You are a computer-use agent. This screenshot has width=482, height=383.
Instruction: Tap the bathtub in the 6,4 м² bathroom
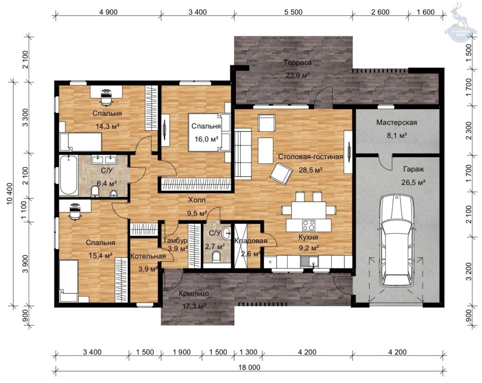[x=69, y=175]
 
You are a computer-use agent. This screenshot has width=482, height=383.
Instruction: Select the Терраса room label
[x=297, y=63]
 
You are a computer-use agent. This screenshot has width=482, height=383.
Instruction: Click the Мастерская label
[x=396, y=123]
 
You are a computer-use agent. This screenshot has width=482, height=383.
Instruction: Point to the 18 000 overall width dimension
[x=249, y=367]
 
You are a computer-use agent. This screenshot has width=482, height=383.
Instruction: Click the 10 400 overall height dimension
[x=10, y=194]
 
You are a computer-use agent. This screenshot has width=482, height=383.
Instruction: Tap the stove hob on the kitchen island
[x=309, y=225]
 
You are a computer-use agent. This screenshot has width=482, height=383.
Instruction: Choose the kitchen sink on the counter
[x=310, y=263]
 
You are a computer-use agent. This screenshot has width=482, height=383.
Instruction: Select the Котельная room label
[x=148, y=256]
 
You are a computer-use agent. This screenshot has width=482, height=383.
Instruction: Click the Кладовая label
[x=251, y=241]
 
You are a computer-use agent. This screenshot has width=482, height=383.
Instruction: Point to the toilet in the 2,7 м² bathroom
[x=217, y=257]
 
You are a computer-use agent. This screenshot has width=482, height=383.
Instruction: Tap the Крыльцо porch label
[x=193, y=293]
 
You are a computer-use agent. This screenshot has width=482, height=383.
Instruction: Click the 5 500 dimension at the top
[x=293, y=12]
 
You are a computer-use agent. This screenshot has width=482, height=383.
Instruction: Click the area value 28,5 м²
[x=311, y=170]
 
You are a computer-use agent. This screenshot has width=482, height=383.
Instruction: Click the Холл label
[x=197, y=200]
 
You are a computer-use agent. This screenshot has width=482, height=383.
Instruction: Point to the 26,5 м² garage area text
[x=413, y=182]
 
